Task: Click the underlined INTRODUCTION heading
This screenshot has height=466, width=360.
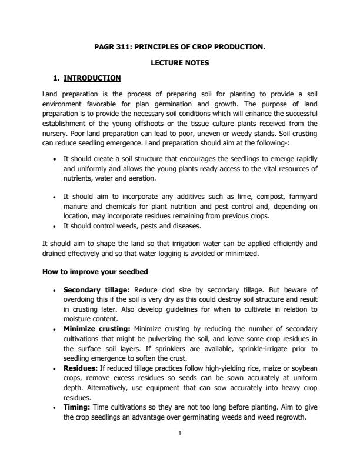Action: click(92, 78)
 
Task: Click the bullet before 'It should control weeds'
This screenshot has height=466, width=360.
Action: click(55, 225)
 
